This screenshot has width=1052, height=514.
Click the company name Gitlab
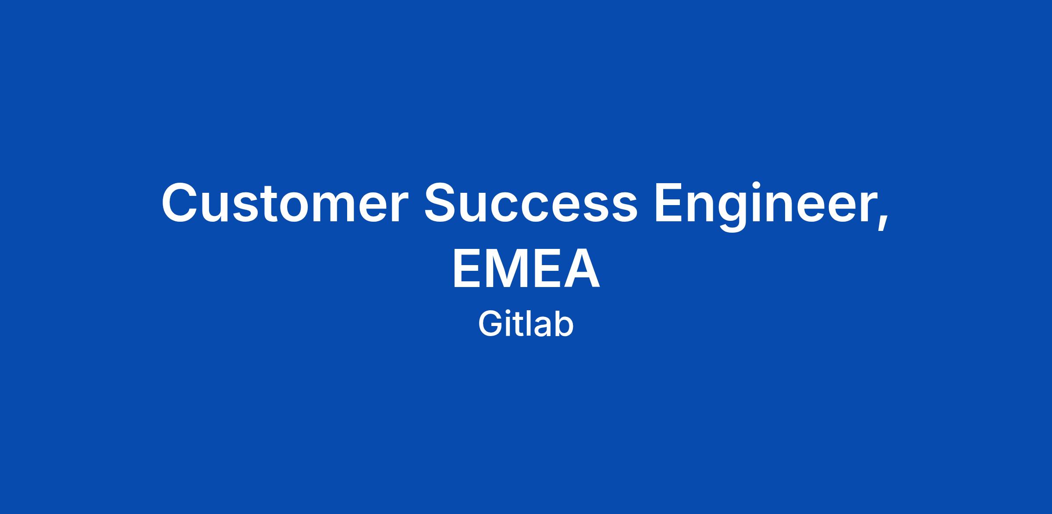526,324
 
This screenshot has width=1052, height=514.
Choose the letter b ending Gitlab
564,324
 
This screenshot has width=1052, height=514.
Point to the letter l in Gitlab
524,324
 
